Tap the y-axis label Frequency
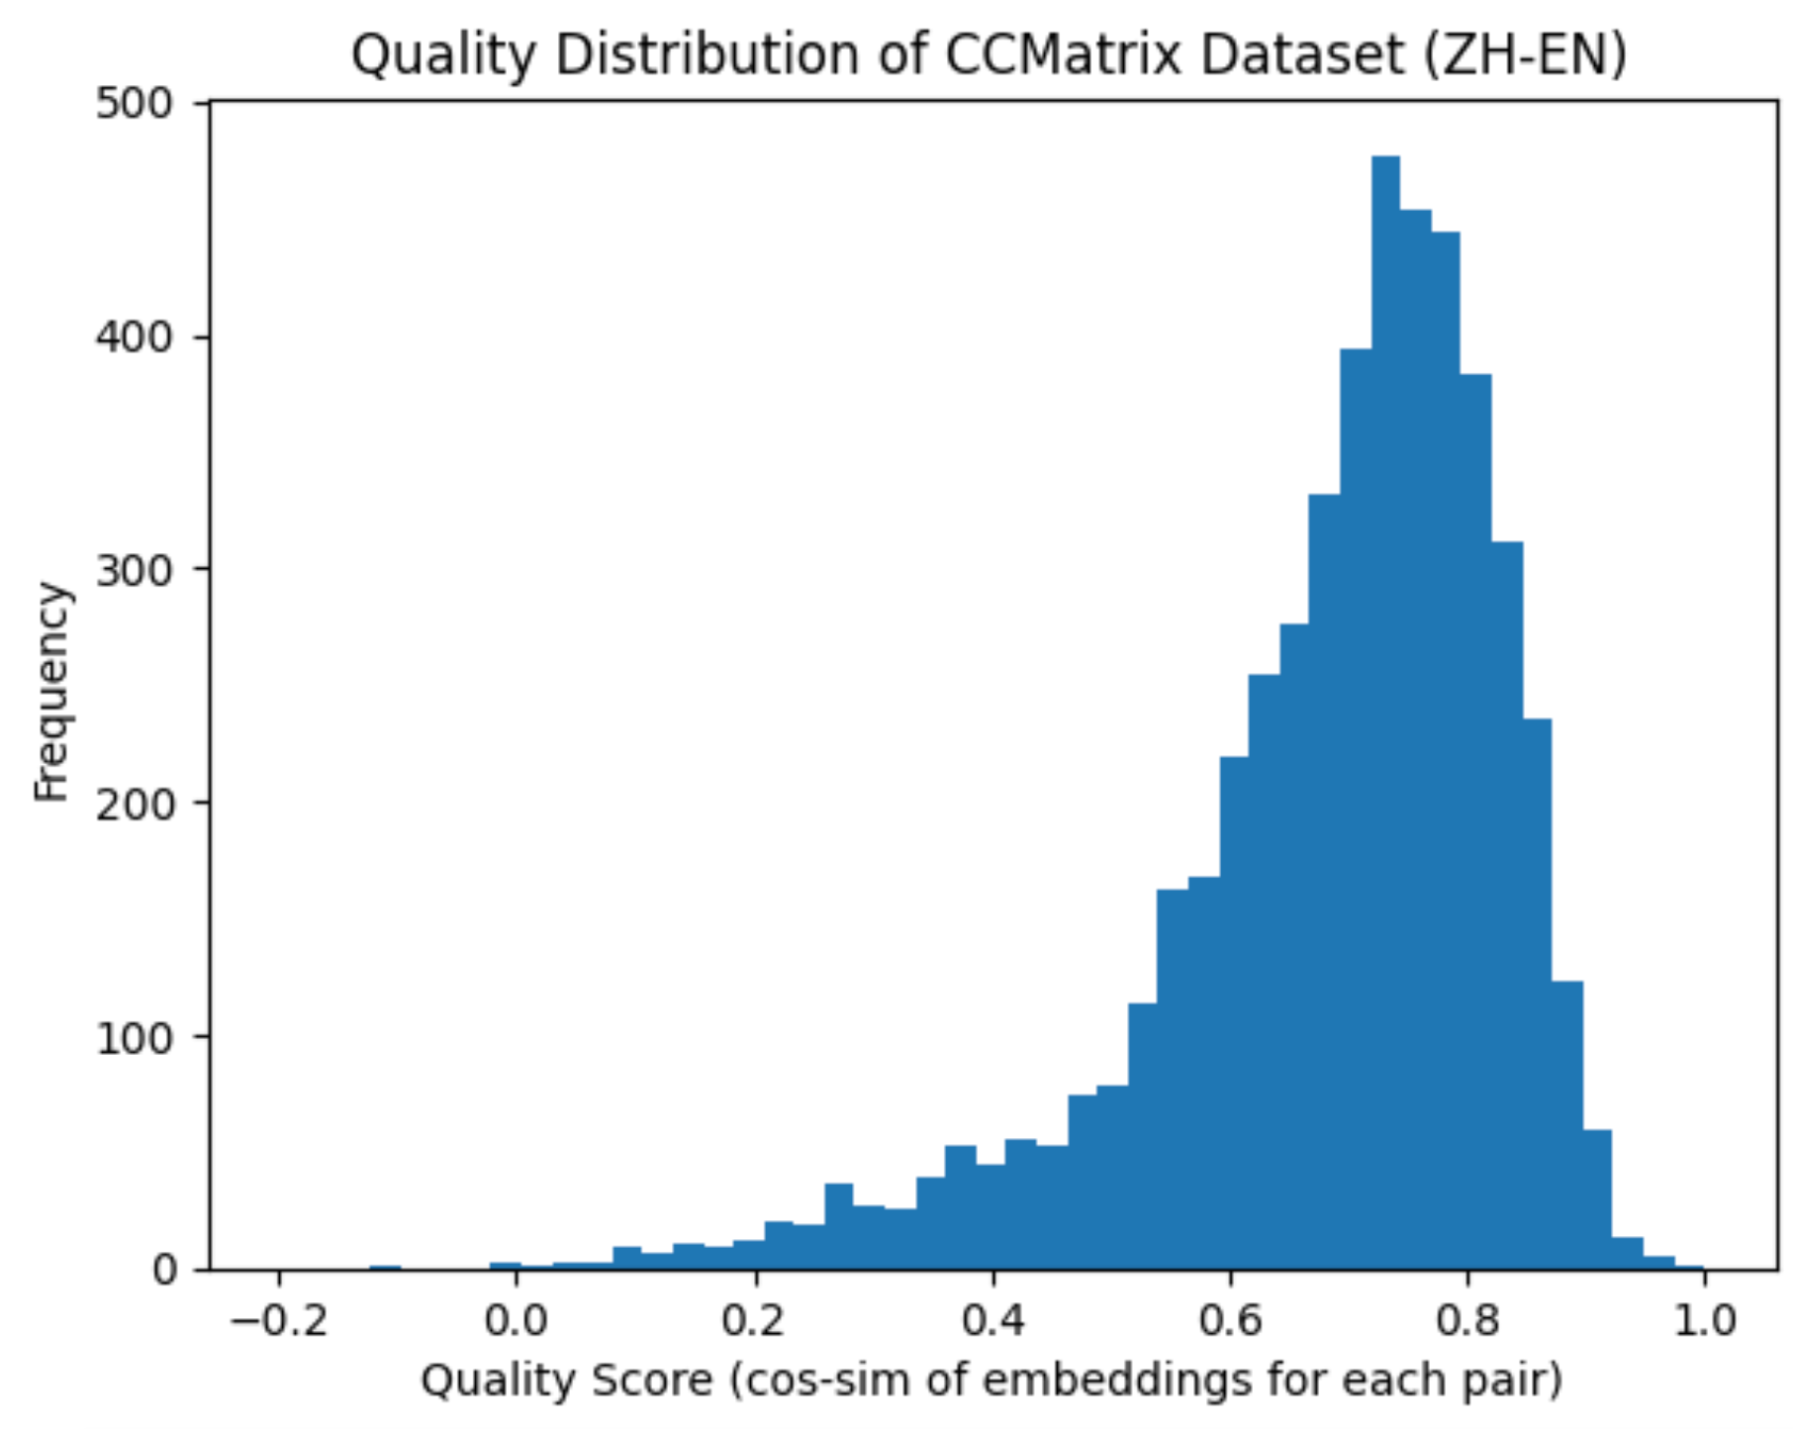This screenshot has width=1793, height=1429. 51,690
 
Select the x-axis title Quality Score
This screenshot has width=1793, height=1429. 991,1380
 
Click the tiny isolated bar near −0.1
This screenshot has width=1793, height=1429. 385,1267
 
